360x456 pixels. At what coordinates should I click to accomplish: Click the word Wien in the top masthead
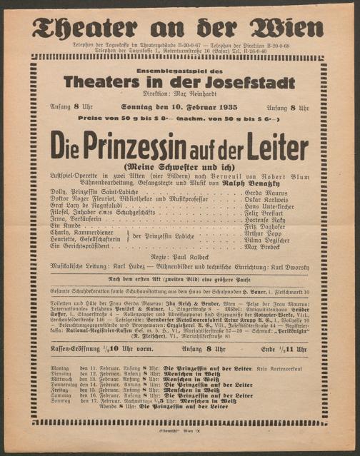[x=286, y=28]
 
